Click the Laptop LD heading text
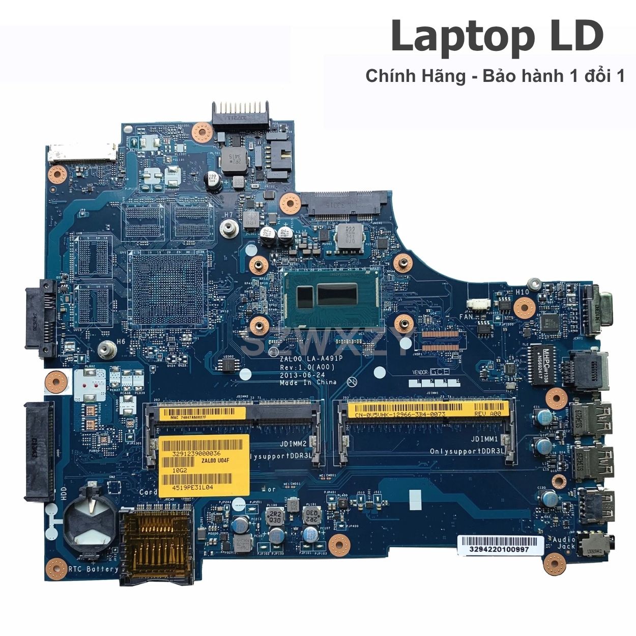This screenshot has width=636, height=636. click(x=497, y=37)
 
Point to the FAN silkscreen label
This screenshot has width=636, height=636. click(x=466, y=316)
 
